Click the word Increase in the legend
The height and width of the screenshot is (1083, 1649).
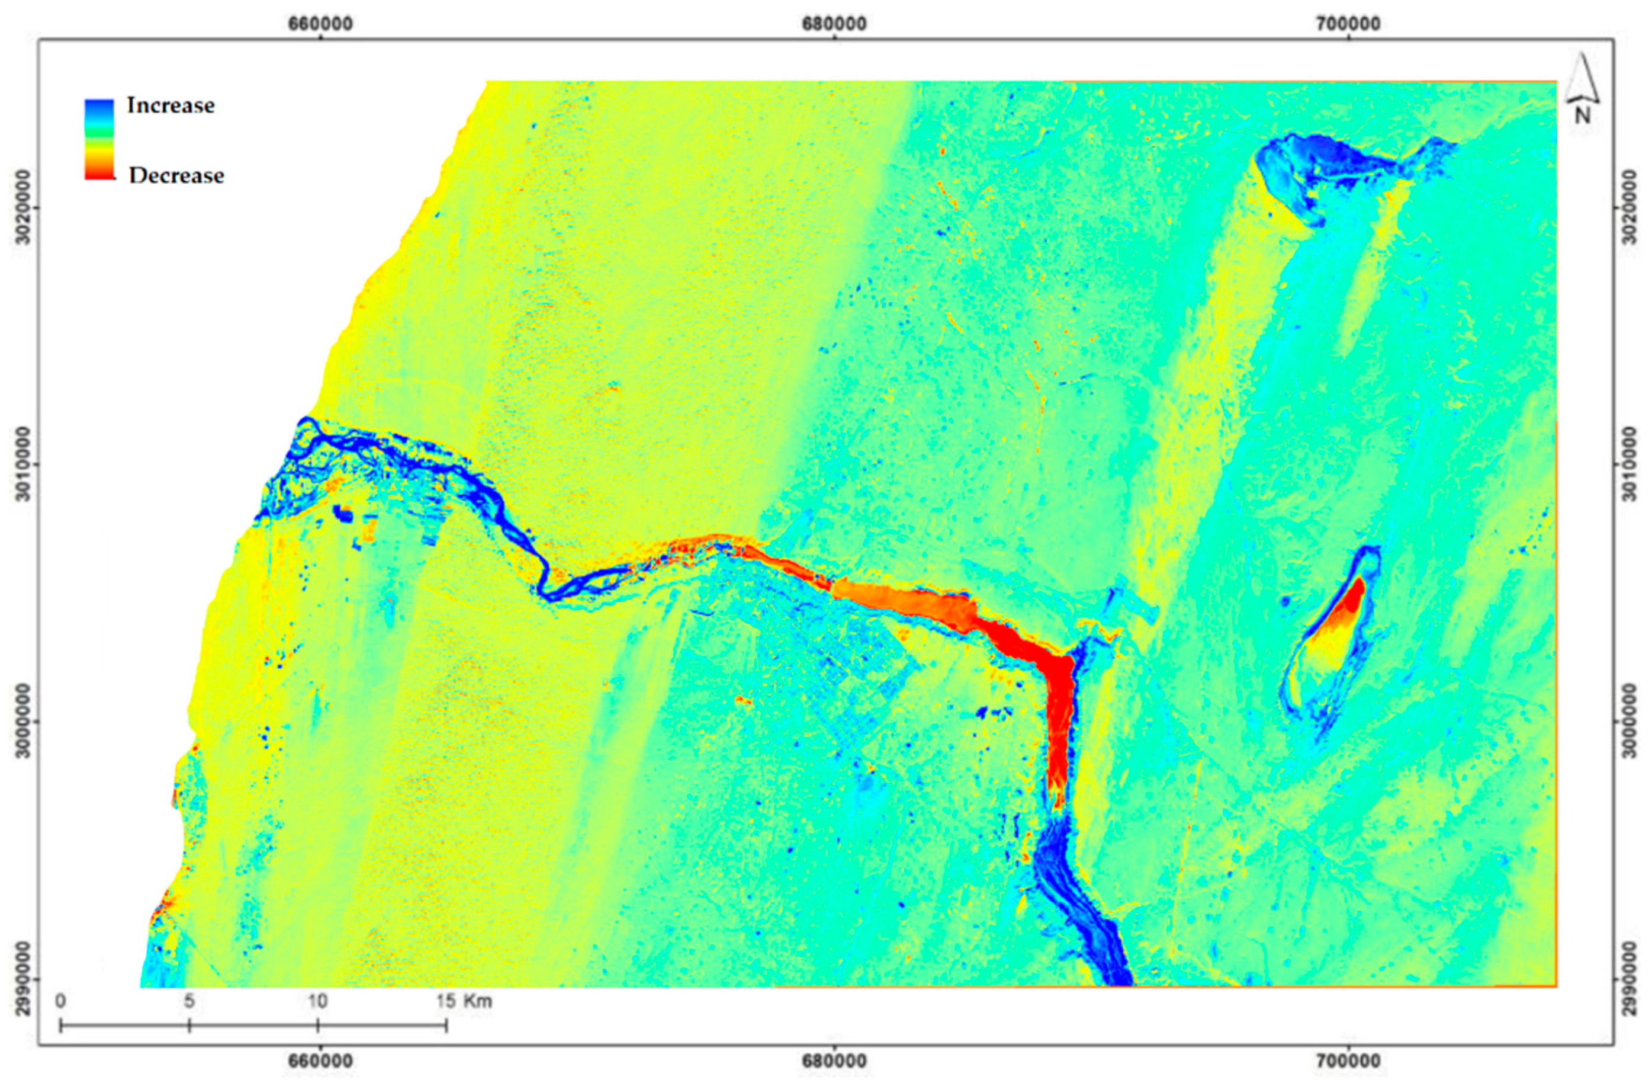tap(171, 105)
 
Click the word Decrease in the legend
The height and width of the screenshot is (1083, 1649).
tap(176, 175)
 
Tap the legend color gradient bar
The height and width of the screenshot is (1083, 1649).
tap(98, 139)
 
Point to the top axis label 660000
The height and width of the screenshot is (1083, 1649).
tap(321, 24)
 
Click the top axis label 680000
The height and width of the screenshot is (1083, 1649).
tap(834, 24)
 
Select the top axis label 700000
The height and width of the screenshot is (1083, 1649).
tap(1348, 24)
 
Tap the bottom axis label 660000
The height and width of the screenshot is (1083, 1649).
tap(321, 1062)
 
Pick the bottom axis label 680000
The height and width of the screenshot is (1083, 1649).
tap(834, 1062)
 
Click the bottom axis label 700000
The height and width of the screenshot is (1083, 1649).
tap(1348, 1062)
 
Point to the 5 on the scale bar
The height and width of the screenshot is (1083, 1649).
tap(188, 1001)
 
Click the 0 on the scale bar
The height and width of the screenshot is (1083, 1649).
tap(61, 1001)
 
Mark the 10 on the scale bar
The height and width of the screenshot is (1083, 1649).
tap(317, 1001)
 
